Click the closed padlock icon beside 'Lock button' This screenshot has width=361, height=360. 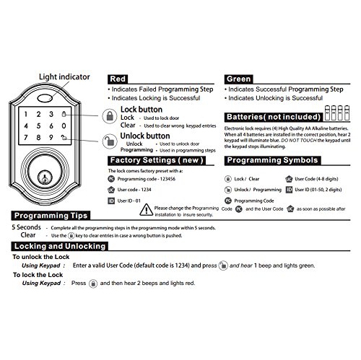click(108, 116)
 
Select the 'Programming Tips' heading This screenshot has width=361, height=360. click(50, 216)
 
